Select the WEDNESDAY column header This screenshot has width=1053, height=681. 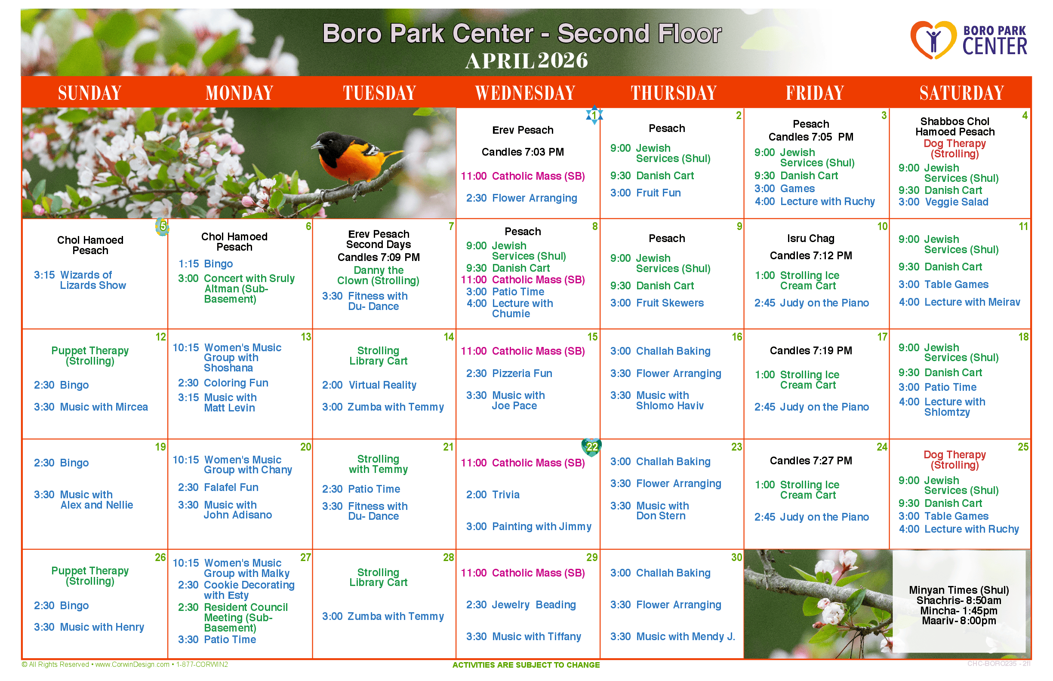tap(525, 93)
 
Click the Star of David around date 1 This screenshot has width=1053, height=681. tap(594, 115)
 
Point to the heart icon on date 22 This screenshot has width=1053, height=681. tap(591, 448)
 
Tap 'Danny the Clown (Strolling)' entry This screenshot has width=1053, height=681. tap(378, 275)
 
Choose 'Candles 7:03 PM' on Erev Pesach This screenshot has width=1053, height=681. tap(523, 152)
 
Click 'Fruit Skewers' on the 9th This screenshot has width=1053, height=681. tap(669, 303)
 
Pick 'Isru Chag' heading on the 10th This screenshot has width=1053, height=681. tap(810, 238)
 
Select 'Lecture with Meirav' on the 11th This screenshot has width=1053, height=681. tap(972, 302)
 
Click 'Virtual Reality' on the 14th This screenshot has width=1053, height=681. tap(382, 385)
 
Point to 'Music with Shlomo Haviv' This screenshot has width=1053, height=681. tap(669, 400)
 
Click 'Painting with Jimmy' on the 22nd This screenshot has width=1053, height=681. tap(542, 526)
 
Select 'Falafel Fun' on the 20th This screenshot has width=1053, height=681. tap(231, 487)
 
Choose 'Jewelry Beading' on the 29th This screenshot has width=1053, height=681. tap(533, 604)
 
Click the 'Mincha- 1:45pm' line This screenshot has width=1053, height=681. tap(959, 610)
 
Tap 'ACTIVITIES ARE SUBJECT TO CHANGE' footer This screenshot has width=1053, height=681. tap(526, 665)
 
